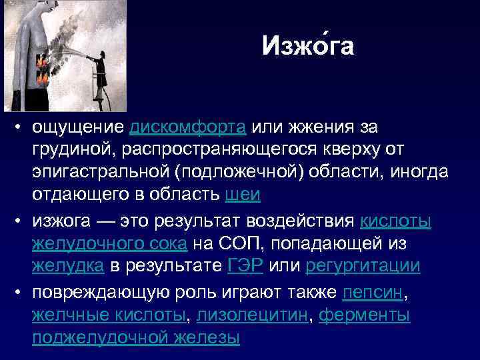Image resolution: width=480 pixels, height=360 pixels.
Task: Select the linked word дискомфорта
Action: click(189, 127)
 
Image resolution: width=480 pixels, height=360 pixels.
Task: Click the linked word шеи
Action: click(243, 195)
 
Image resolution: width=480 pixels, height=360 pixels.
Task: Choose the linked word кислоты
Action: click(395, 221)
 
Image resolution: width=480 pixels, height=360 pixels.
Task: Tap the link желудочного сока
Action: click(110, 243)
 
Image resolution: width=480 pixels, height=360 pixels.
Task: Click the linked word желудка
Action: click(68, 266)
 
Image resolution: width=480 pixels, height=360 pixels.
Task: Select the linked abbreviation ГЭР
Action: click(245, 266)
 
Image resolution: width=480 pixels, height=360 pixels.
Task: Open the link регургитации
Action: click(363, 266)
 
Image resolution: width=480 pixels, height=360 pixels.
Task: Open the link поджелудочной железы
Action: click(135, 338)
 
